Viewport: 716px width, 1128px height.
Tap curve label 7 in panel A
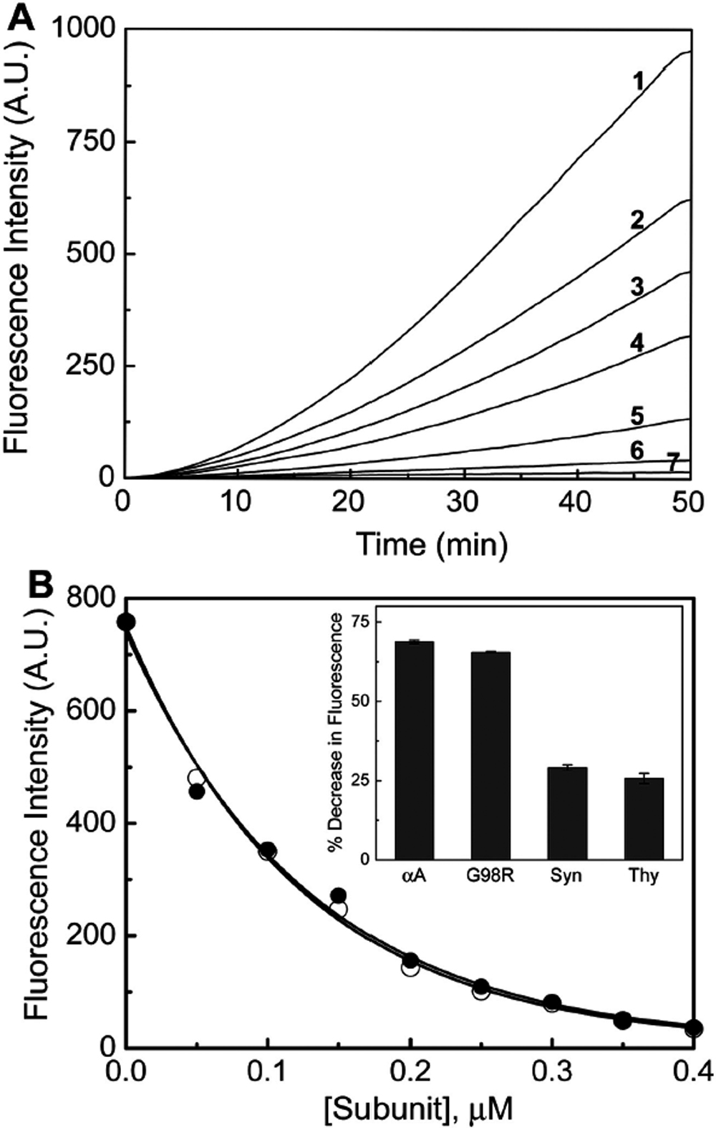tap(673, 463)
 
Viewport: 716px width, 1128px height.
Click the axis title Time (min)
tap(432, 544)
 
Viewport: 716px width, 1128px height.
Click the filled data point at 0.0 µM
tap(127, 622)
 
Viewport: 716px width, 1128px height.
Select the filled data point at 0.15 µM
tap(339, 895)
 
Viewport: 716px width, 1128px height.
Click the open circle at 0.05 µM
tap(197, 778)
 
